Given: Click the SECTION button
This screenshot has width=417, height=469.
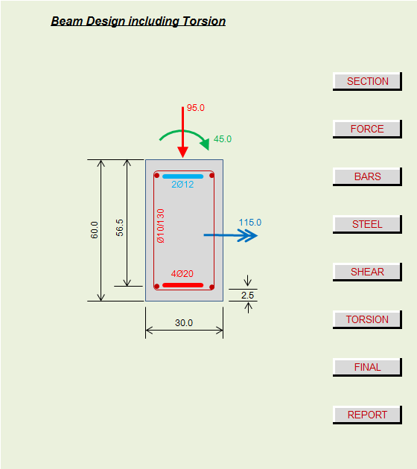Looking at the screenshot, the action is pyautogui.click(x=367, y=81).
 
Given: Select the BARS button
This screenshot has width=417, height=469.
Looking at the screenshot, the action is pyautogui.click(x=367, y=176).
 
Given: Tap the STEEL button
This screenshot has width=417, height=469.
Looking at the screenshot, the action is pyautogui.click(x=367, y=224).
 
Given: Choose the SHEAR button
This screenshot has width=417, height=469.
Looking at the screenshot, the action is pyautogui.click(x=367, y=272).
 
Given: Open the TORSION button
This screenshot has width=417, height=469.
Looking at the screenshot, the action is pyautogui.click(x=367, y=319).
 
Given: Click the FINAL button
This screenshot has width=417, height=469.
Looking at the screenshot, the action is pyautogui.click(x=367, y=367).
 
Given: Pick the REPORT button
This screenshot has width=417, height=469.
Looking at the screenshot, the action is pyautogui.click(x=367, y=415).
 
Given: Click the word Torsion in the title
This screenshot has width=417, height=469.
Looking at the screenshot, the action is pyautogui.click(x=204, y=22).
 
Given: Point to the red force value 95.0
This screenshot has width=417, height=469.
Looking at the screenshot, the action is pyautogui.click(x=196, y=108).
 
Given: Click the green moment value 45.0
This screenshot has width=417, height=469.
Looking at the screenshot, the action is pyautogui.click(x=223, y=139).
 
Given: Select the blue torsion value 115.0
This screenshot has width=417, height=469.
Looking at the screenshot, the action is pyautogui.click(x=250, y=223).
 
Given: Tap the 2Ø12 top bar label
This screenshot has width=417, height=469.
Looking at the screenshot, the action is pyautogui.click(x=182, y=185).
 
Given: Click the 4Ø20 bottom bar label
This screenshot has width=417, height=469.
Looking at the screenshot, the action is pyautogui.click(x=182, y=274).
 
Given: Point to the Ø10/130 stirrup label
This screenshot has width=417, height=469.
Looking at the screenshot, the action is pyautogui.click(x=161, y=226).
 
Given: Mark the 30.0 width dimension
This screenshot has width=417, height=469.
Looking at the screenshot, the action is pyautogui.click(x=184, y=323).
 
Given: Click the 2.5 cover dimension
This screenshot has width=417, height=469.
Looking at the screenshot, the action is pyautogui.click(x=248, y=296).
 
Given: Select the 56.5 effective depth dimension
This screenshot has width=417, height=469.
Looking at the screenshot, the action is pyautogui.click(x=120, y=228).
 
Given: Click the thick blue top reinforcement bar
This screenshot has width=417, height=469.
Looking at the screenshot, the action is pyautogui.click(x=182, y=176).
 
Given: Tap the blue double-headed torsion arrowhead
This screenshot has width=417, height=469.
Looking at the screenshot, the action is pyautogui.click(x=248, y=235).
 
